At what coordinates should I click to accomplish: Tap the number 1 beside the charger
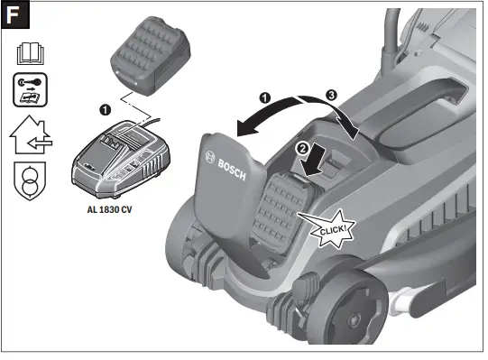tap(105, 111)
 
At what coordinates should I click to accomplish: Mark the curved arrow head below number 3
tap(359, 134)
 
